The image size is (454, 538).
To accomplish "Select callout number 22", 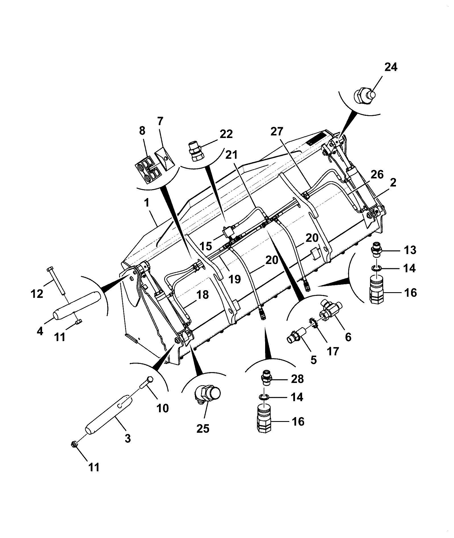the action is tap(226, 134).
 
